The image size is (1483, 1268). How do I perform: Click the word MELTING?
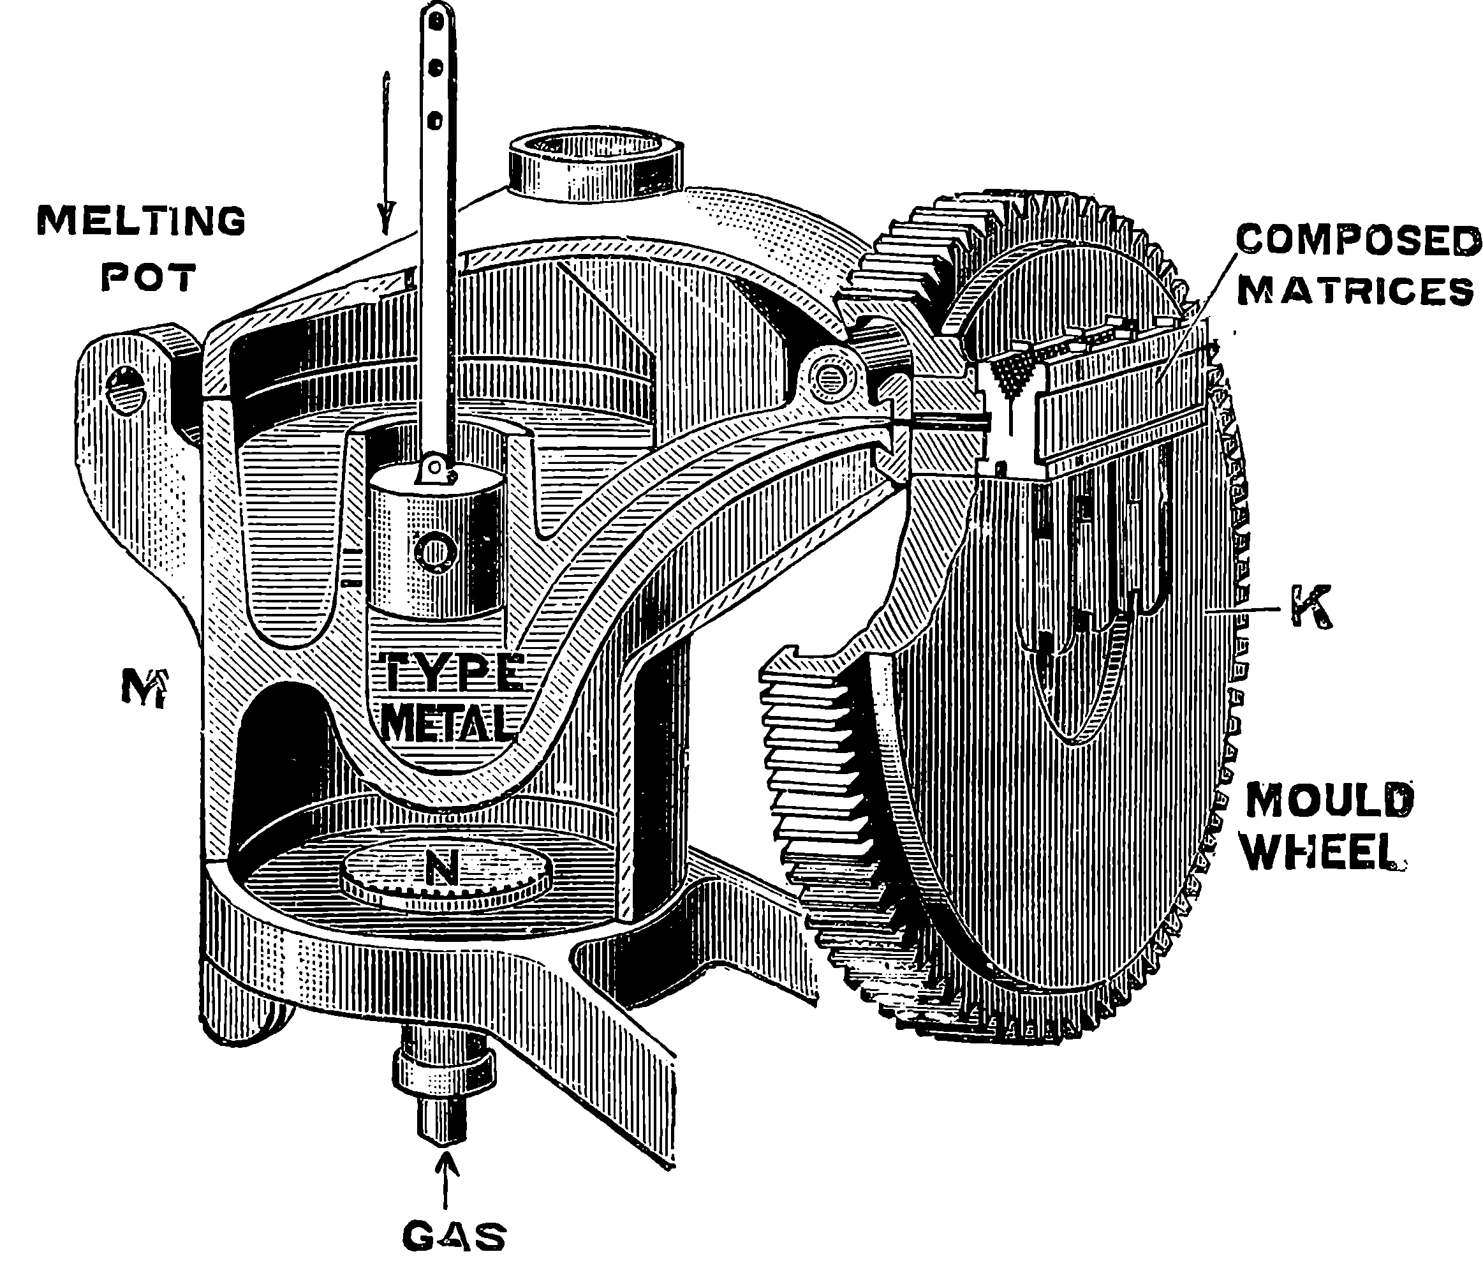click(141, 221)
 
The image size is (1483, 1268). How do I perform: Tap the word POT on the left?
click(148, 277)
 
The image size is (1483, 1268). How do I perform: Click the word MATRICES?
click(1355, 291)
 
